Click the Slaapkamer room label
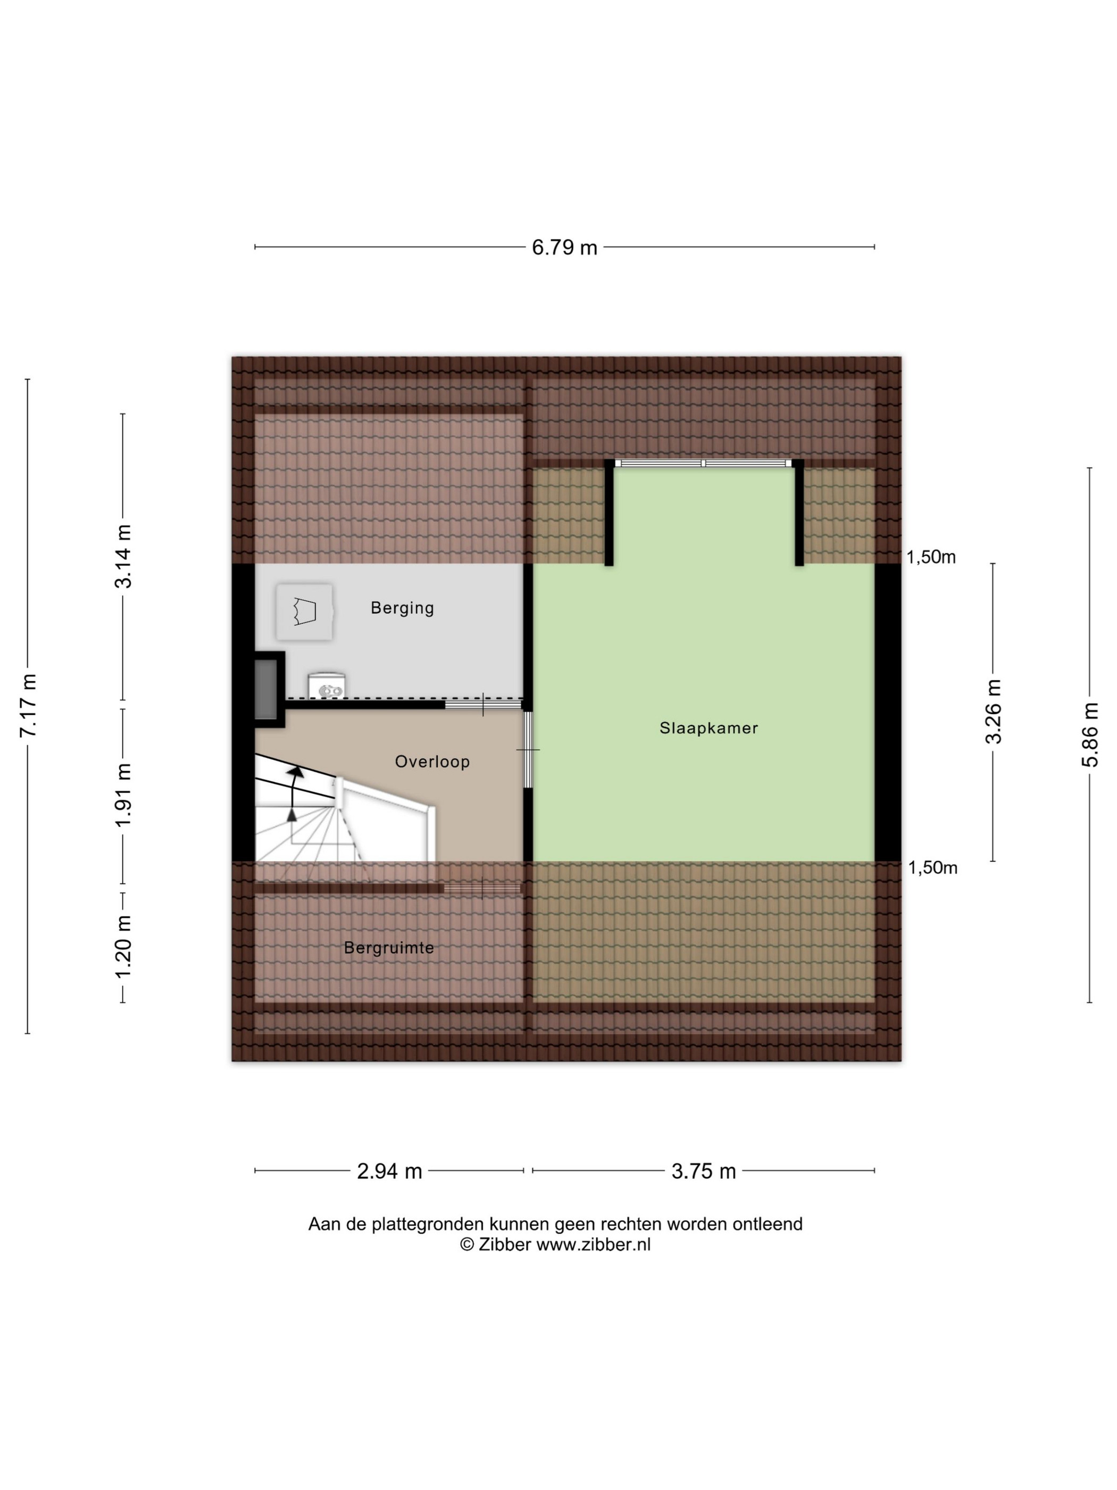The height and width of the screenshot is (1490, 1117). (708, 728)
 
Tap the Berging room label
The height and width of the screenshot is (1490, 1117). (402, 608)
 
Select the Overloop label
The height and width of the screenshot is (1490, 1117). (432, 762)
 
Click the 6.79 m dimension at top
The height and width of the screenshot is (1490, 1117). (564, 248)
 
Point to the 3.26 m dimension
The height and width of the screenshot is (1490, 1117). (993, 711)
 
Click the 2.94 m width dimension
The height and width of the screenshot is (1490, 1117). (389, 1171)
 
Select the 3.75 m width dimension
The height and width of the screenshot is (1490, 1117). (704, 1171)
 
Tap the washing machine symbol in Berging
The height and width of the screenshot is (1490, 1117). (304, 611)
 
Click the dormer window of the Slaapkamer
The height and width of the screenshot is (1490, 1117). (704, 463)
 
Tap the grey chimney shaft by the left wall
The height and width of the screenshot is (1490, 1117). (265, 689)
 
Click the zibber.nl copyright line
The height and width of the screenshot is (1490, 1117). (555, 1244)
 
